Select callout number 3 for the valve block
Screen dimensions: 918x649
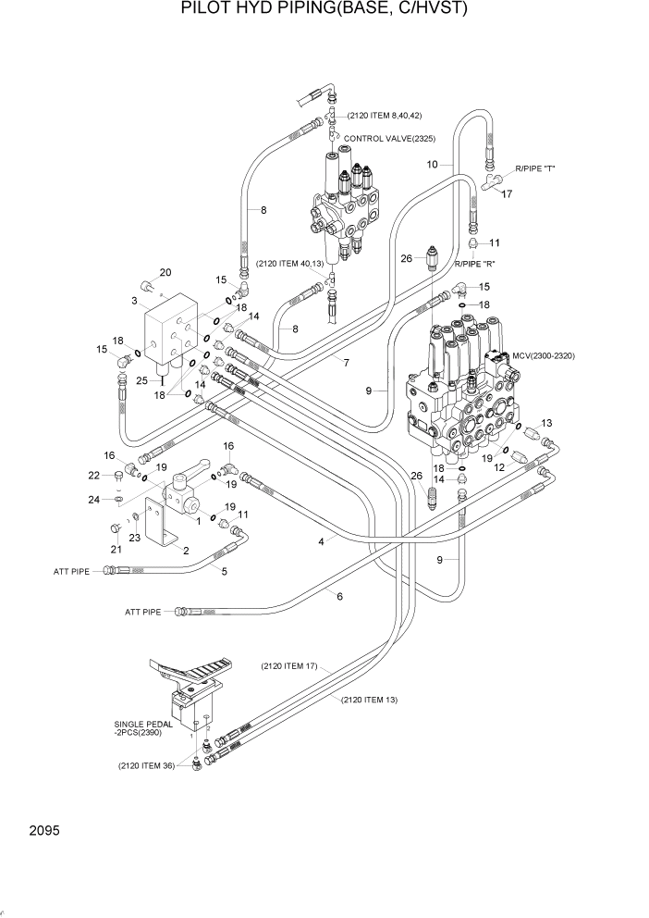(135, 301)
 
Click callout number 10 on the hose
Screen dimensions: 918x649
(432, 165)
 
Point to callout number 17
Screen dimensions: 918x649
(506, 194)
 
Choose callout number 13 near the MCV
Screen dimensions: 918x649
(545, 423)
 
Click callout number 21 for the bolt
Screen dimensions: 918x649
(116, 551)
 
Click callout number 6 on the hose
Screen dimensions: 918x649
(339, 596)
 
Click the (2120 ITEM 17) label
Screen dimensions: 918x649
(288, 665)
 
